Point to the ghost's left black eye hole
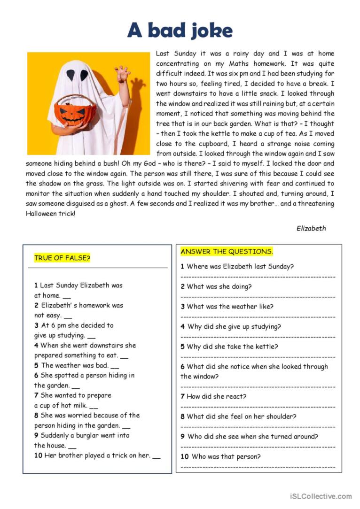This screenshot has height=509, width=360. point(70,75)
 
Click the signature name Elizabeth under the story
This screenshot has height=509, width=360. point(311,228)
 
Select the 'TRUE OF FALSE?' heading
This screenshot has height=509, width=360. point(62,258)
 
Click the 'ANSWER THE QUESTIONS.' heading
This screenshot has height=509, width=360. point(227,252)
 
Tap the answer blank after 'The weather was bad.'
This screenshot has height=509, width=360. point(115,366)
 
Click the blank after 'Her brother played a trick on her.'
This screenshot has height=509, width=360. point(157,455)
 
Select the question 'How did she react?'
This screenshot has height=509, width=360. point(216,396)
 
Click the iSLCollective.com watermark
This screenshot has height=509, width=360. point(321,496)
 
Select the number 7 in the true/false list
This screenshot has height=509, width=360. point(36,395)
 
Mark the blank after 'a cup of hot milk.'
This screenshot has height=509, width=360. point(94,406)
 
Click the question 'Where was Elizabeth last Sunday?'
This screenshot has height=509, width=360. point(240,267)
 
